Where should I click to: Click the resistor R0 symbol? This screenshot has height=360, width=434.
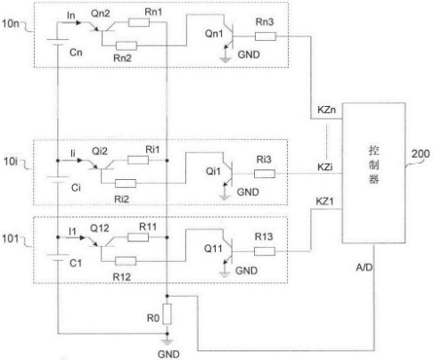click(168, 314)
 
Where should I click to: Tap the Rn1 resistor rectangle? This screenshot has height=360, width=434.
click(139, 22)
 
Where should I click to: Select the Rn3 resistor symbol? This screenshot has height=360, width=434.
click(266, 37)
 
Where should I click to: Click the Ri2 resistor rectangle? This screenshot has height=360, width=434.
click(126, 184)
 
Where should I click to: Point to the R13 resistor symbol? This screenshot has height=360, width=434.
click(265, 251)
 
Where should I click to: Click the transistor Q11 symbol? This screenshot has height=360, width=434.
click(228, 251)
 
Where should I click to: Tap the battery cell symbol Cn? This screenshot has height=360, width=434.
click(58, 42)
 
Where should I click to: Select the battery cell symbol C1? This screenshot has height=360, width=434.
click(58, 258)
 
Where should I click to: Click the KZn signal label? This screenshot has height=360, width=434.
click(326, 110)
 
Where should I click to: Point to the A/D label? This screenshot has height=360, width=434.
click(364, 267)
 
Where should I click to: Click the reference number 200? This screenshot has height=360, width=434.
click(421, 154)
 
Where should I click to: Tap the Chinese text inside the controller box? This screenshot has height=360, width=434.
click(373, 164)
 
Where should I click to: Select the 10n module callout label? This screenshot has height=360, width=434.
click(11, 23)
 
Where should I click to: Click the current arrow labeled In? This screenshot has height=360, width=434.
click(73, 22)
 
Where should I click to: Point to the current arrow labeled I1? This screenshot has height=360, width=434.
click(76, 237)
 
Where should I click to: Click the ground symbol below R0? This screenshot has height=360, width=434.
click(168, 342)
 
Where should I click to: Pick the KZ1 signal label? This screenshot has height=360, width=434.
click(324, 201)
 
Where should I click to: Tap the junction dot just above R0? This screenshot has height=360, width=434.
click(168, 296)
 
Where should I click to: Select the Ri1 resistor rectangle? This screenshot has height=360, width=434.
click(138, 160)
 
